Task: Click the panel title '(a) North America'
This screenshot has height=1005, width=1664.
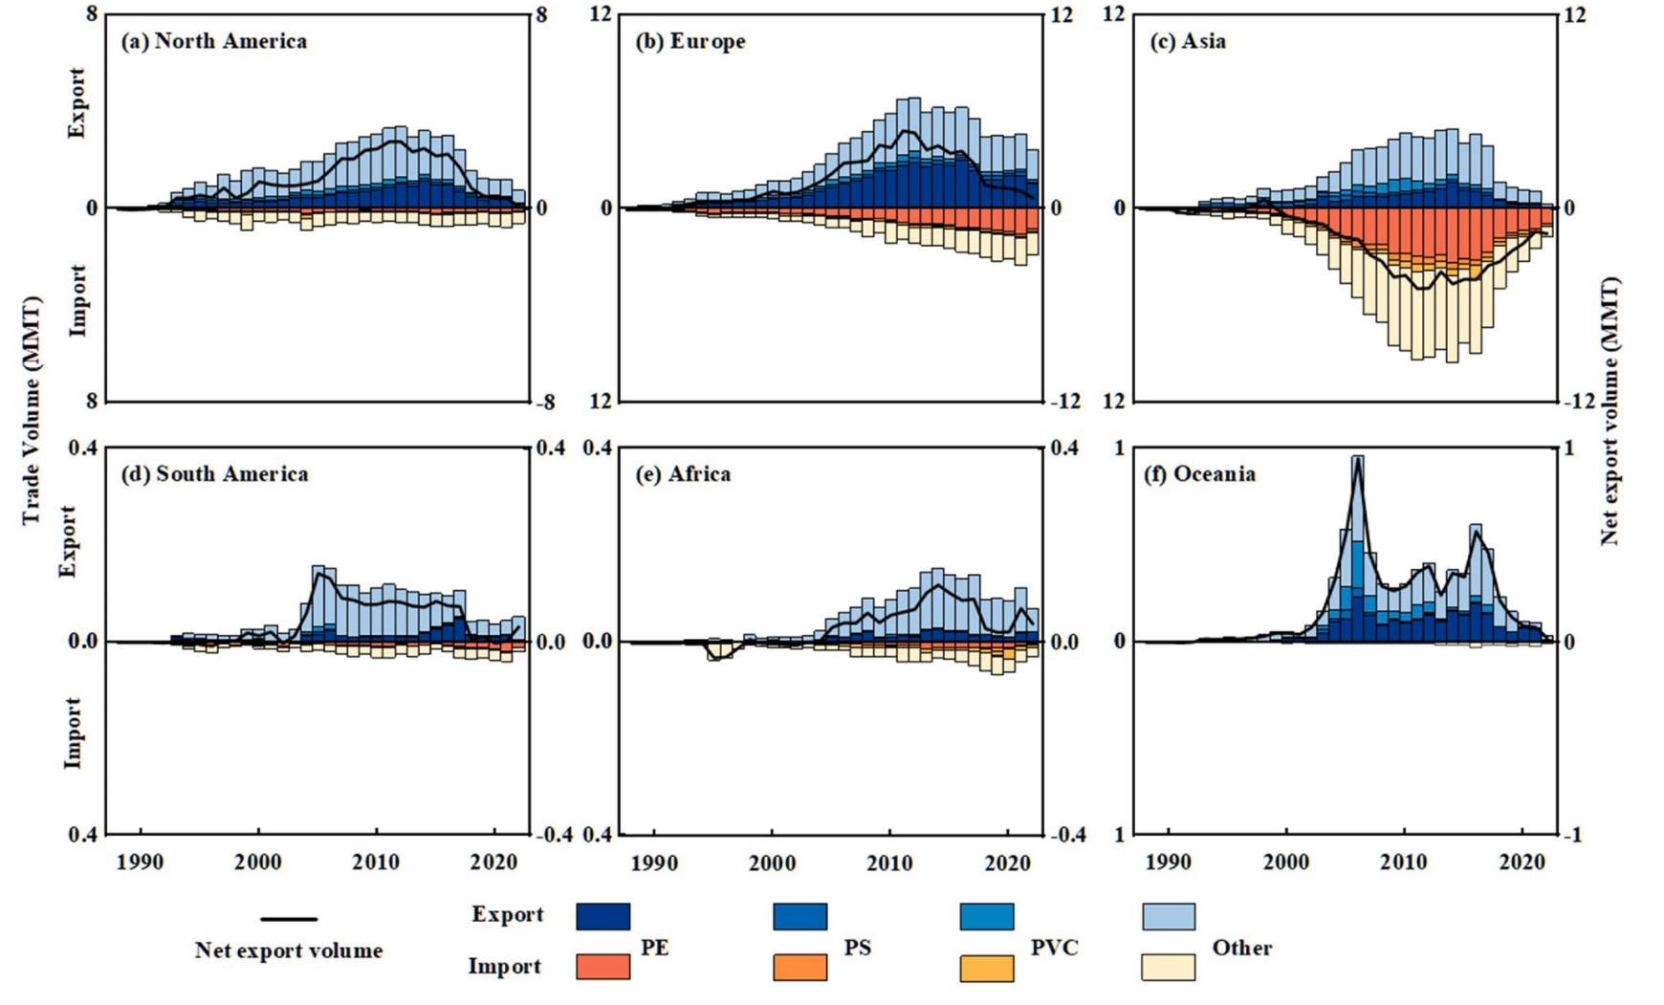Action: click(x=213, y=41)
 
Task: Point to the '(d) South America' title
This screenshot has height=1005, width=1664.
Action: click(x=214, y=474)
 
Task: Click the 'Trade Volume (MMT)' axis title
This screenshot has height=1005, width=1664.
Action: click(x=32, y=411)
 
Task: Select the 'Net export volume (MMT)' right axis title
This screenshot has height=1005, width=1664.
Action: click(x=1610, y=411)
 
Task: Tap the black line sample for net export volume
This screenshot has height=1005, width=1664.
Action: click(x=289, y=919)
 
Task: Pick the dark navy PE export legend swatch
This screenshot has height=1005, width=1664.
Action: click(x=603, y=917)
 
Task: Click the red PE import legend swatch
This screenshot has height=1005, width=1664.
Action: click(x=603, y=967)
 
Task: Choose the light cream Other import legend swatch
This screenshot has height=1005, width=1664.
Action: click(x=1169, y=967)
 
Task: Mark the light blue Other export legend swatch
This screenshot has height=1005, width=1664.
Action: click(x=1169, y=917)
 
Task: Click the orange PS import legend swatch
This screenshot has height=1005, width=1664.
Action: click(x=799, y=967)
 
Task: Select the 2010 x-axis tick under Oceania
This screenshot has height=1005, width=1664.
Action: click(x=1404, y=862)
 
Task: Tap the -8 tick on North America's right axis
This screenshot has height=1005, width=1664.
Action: click(x=543, y=403)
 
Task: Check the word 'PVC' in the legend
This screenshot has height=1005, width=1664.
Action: click(x=1054, y=948)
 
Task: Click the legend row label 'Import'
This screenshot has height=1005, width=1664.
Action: click(x=504, y=967)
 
